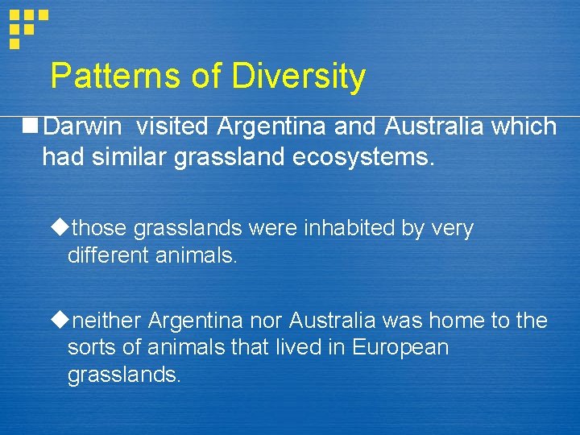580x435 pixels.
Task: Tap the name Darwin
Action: click(x=82, y=126)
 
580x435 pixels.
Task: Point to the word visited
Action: click(x=171, y=126)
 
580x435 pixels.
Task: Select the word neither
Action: click(x=106, y=321)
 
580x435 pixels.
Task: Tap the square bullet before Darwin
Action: click(x=31, y=126)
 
